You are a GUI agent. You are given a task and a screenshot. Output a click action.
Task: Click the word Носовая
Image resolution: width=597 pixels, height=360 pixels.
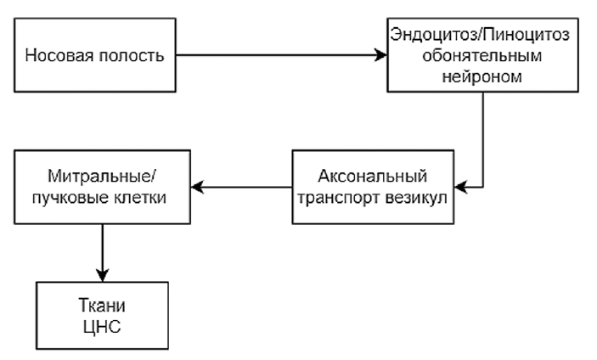(x=56, y=57)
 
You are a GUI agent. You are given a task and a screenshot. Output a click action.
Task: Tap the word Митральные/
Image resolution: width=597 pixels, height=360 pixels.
(x=102, y=177)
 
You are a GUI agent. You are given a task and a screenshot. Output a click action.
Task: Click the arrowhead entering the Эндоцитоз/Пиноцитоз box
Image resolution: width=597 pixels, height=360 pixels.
(x=381, y=56)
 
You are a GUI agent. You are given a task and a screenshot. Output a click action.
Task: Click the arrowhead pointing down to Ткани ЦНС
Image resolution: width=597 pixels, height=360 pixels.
(x=103, y=276)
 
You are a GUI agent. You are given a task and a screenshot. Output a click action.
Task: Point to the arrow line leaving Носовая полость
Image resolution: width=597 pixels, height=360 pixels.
(x=280, y=56)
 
